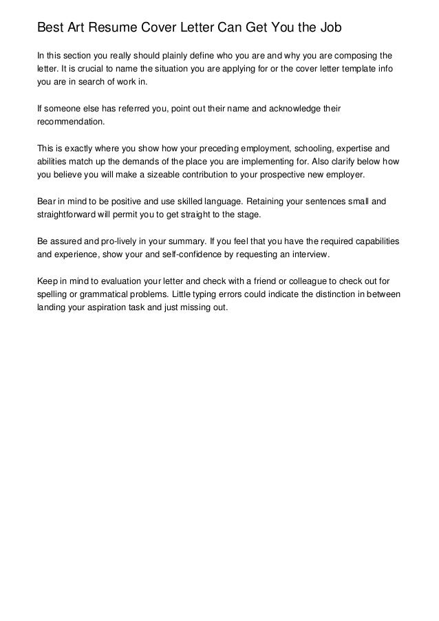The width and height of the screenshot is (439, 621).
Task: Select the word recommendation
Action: [x=71, y=122]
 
